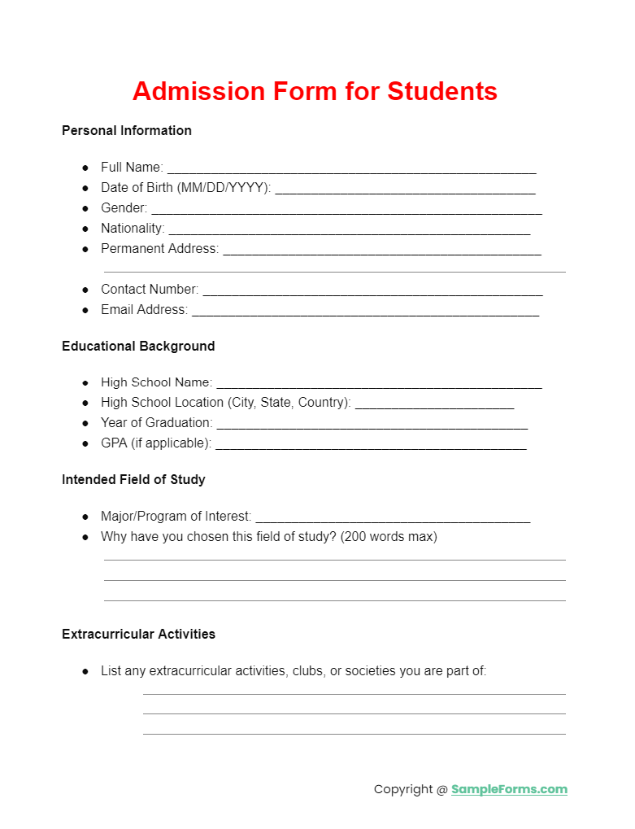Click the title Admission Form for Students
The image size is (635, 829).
[315, 91]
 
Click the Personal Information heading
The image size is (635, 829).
[127, 130]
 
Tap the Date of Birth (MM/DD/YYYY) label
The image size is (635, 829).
[185, 187]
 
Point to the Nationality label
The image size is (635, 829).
[133, 228]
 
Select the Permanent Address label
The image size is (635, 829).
[159, 248]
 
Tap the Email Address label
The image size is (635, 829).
[144, 309]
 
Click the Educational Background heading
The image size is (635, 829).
[138, 346]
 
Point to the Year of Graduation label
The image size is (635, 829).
[156, 422]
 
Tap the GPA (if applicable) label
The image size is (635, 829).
[155, 443]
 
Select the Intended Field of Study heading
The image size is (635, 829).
[133, 479]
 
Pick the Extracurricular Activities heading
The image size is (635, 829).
[138, 634]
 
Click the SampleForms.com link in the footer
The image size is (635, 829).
[509, 789]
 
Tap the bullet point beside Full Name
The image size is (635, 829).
[85, 167]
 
